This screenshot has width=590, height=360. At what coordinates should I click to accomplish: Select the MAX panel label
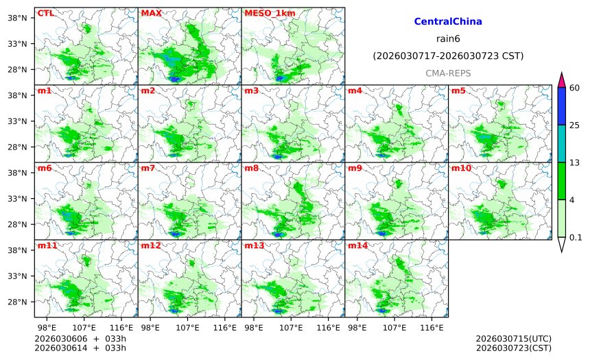(150, 13)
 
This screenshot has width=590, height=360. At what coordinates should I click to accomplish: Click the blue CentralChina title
(448, 22)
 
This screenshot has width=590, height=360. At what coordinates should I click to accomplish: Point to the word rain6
(448, 38)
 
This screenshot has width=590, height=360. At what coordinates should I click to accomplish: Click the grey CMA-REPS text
(448, 73)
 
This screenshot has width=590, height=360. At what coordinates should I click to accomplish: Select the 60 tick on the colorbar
(575, 87)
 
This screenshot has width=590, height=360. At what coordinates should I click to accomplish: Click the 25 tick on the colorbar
(575, 125)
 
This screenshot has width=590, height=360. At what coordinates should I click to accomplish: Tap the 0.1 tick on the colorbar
(576, 237)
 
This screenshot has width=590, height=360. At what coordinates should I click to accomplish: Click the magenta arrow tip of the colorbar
(561, 79)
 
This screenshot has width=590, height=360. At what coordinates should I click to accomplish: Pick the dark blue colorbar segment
(561, 106)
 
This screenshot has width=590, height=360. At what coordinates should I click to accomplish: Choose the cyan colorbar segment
(561, 143)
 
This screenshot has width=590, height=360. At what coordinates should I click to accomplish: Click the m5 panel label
(458, 91)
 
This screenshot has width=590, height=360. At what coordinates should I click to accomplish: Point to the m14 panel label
(357, 245)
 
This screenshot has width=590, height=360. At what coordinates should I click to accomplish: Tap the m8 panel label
(251, 168)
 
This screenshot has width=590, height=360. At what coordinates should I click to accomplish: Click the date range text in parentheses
(448, 56)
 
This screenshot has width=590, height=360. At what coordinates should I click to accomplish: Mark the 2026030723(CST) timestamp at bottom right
(513, 347)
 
